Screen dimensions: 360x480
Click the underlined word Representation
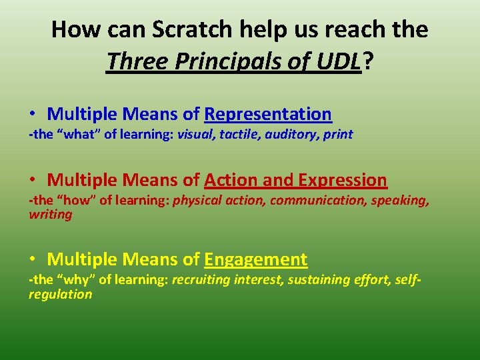tap(268, 114)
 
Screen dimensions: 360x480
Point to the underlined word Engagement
tap(256, 259)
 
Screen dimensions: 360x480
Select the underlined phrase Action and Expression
tap(295, 180)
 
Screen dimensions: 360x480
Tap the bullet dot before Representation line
tap(33, 115)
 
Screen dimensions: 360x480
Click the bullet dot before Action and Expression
tap(33, 181)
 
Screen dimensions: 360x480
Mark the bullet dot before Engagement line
tap(33, 260)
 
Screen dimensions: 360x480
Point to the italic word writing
tap(50, 215)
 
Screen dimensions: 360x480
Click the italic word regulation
tap(60, 294)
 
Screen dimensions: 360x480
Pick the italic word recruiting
tap(201, 280)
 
